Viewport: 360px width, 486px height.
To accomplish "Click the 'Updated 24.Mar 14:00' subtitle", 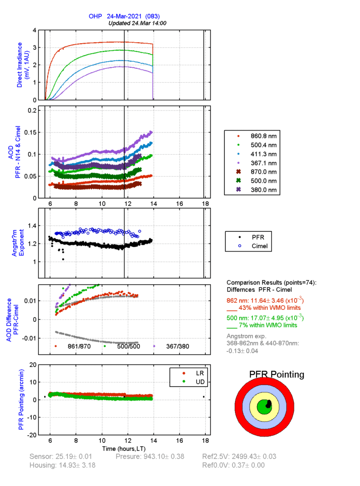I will (x=137, y=23).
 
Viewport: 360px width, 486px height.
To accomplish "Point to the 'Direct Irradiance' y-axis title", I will (x=23, y=65).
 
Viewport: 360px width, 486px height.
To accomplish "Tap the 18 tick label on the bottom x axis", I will (x=205, y=441).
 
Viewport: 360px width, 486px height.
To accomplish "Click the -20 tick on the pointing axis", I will (x=32, y=435).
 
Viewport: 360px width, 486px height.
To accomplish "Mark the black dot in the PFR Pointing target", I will (x=269, y=404).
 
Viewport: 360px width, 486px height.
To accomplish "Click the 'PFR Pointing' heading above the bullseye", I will (x=277, y=375).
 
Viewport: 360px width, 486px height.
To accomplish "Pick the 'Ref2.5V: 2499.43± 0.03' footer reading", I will (x=239, y=457).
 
